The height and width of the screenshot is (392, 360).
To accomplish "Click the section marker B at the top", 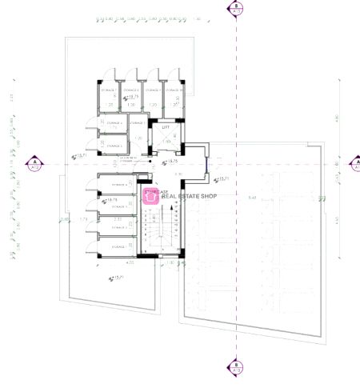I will point(236,9).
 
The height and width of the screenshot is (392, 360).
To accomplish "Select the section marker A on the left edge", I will point(35,164).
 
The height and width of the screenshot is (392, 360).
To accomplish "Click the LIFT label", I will point(166,127).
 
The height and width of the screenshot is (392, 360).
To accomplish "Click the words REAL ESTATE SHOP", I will point(190,196).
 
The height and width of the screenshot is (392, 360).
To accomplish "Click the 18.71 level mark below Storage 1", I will point(120,278).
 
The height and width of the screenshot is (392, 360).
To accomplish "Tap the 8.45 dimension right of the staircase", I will point(253,198).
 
